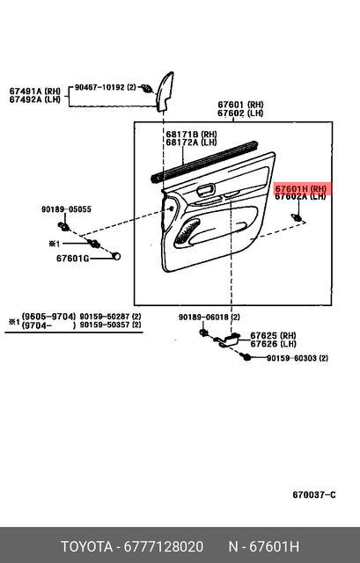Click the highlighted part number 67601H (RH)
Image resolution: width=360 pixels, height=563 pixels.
point(300,188)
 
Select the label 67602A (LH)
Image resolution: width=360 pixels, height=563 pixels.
point(300,197)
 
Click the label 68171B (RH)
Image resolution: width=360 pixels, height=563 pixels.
point(191,134)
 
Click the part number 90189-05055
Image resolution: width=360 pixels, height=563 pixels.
point(66,209)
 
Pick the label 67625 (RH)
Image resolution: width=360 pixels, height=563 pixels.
point(273,335)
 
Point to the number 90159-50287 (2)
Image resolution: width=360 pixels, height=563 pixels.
point(110,316)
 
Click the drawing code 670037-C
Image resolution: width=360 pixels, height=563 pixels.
point(314,494)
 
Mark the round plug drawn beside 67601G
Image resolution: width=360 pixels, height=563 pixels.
point(116,256)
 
